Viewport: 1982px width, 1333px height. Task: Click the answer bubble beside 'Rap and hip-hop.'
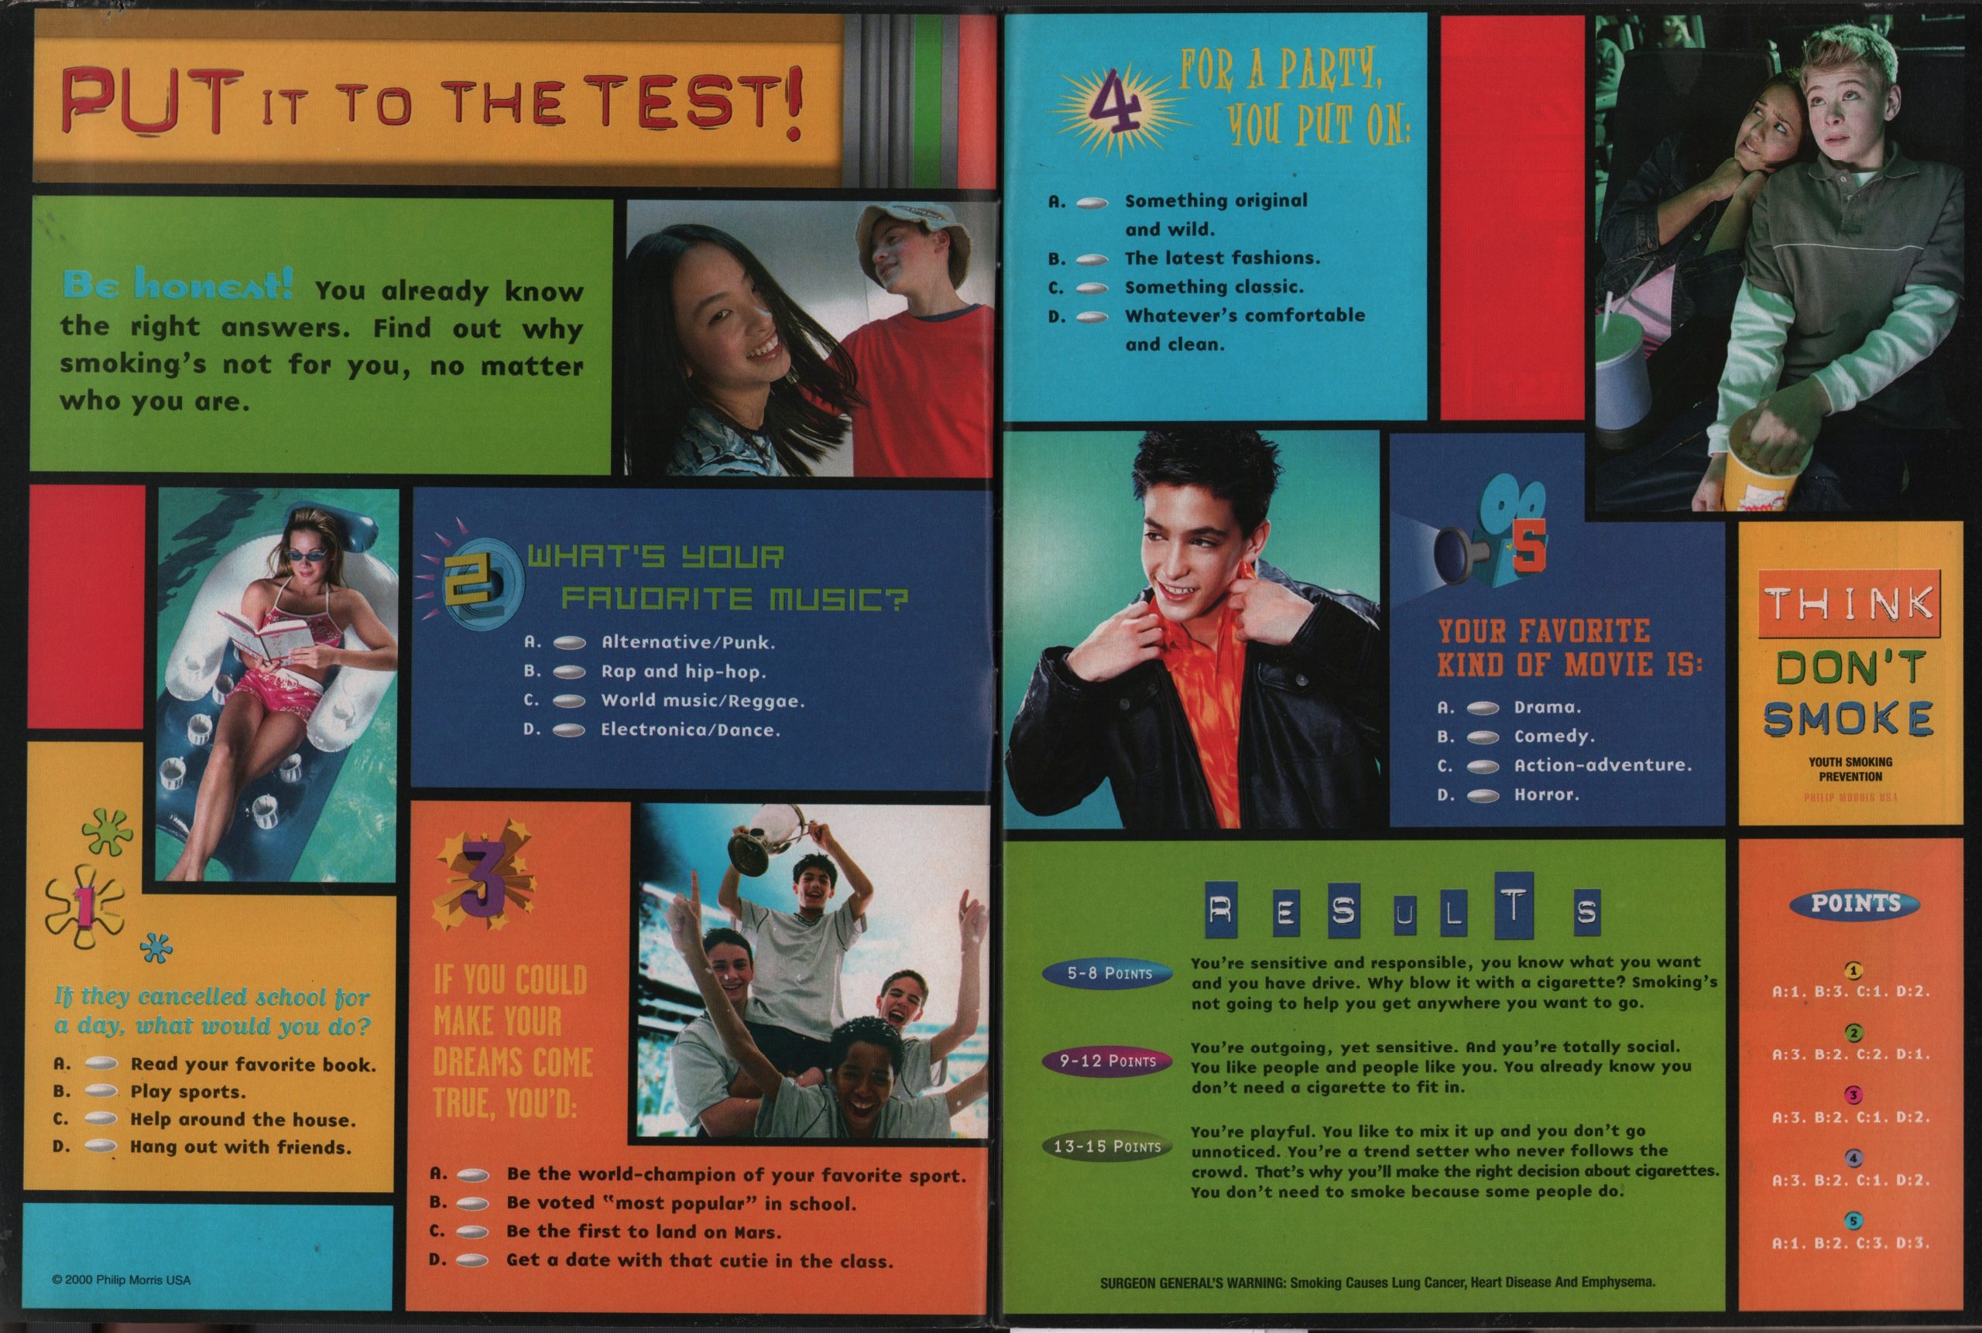pos(569,672)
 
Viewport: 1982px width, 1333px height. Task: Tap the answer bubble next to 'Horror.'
pos(1483,796)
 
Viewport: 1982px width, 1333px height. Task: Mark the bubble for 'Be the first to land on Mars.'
pos(473,1232)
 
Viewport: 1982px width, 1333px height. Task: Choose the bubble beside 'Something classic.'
pos(1092,289)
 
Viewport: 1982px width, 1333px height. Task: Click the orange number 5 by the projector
pos(1527,550)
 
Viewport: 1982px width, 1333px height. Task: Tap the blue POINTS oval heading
pos(1854,904)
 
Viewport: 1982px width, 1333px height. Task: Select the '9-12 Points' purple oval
pos(1108,1061)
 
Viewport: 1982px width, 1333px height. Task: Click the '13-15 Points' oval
pos(1106,1146)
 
